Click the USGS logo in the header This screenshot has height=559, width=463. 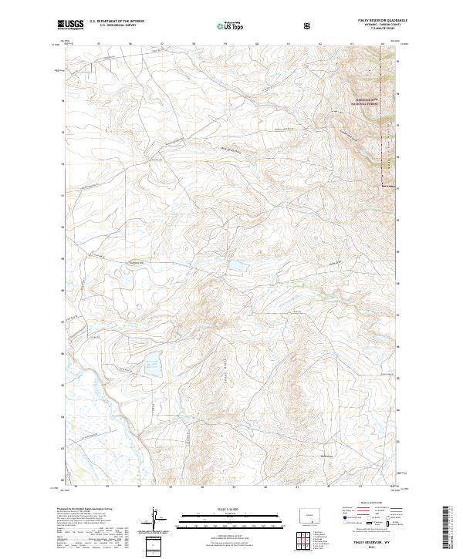tap(70, 25)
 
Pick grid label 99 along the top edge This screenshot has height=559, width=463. tap(224, 44)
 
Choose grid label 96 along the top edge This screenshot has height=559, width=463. tap(130, 44)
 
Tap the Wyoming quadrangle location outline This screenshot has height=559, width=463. tap(313, 514)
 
